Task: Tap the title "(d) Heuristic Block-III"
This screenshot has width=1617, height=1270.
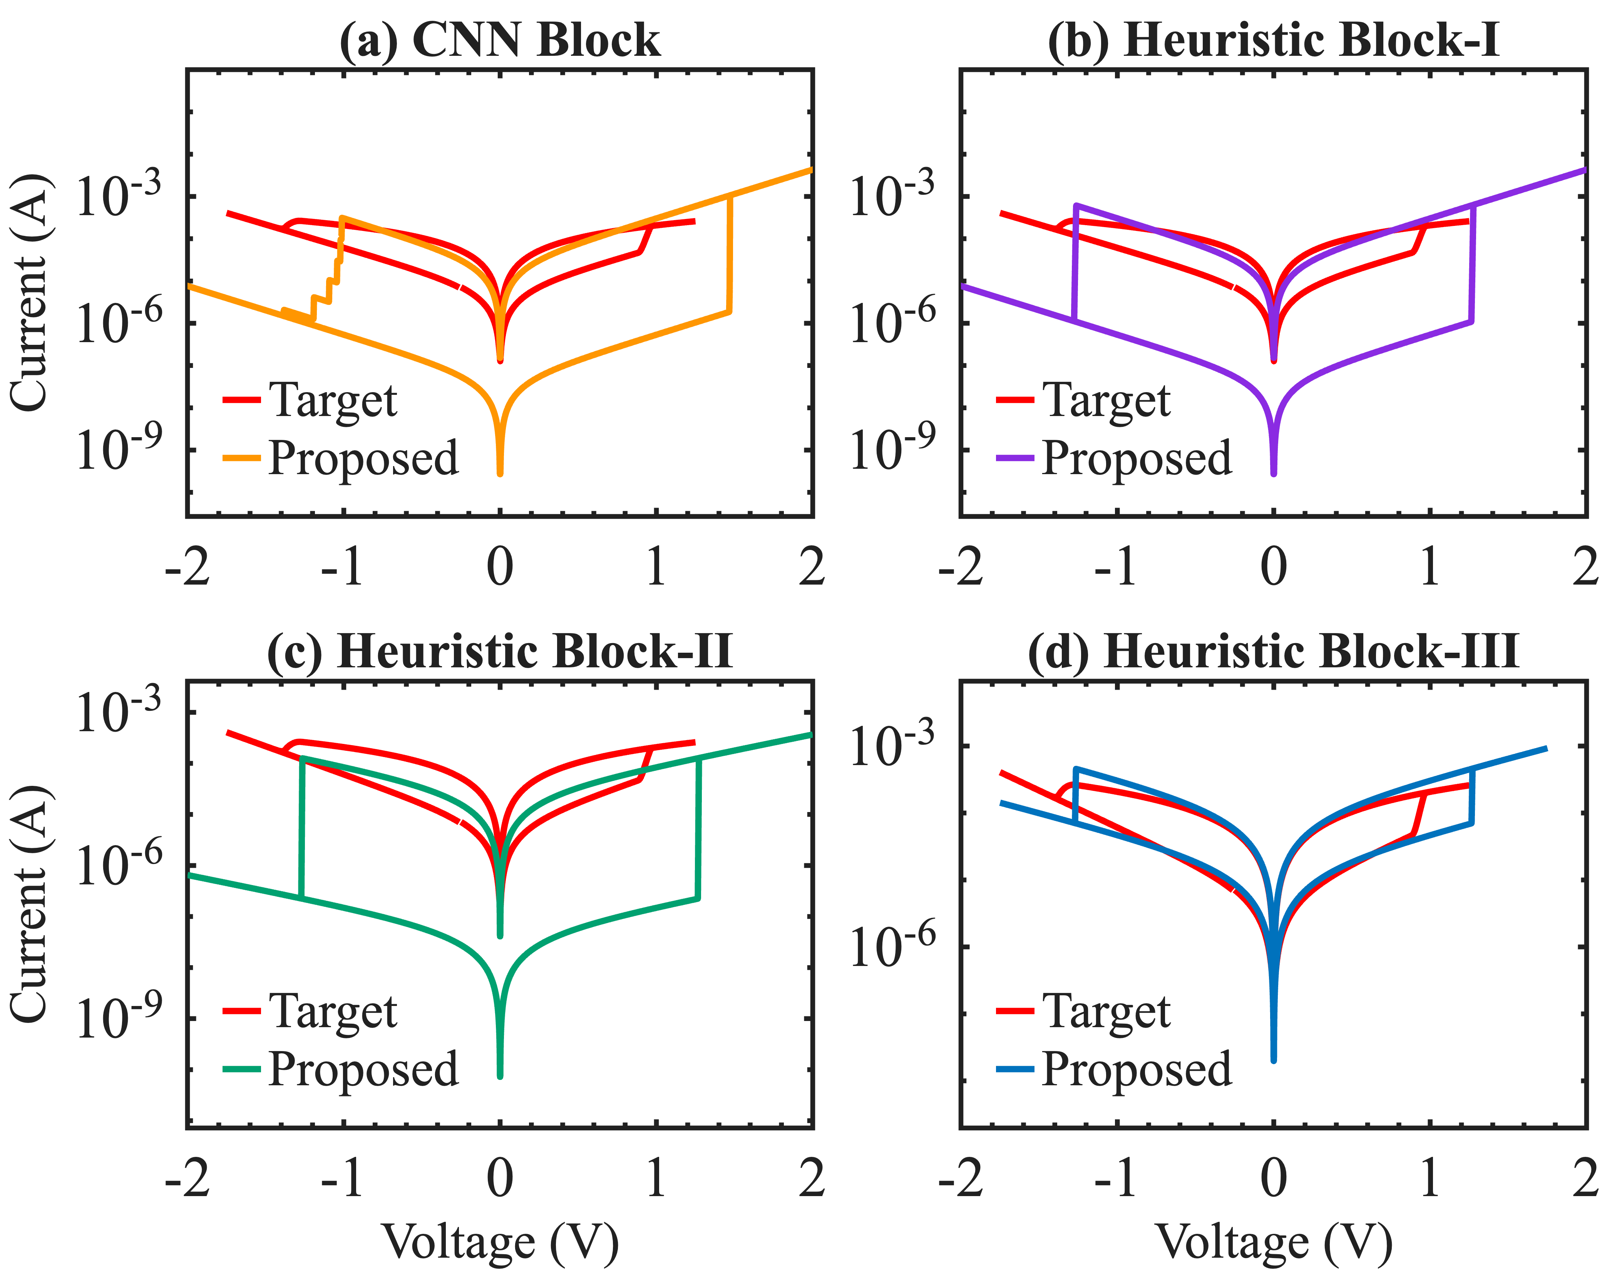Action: (x=1273, y=652)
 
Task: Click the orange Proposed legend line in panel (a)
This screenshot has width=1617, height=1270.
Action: (x=242, y=458)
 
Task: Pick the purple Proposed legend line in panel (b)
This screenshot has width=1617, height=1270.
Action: (x=1015, y=458)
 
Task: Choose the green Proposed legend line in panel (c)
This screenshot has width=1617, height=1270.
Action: (x=242, y=1069)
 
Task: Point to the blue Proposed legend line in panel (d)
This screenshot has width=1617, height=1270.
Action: (x=1015, y=1069)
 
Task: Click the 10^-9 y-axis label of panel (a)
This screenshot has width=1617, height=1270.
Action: (x=119, y=450)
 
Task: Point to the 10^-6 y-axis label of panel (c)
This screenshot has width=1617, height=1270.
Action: (x=119, y=865)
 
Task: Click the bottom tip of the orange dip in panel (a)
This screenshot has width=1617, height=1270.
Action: (x=500, y=473)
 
